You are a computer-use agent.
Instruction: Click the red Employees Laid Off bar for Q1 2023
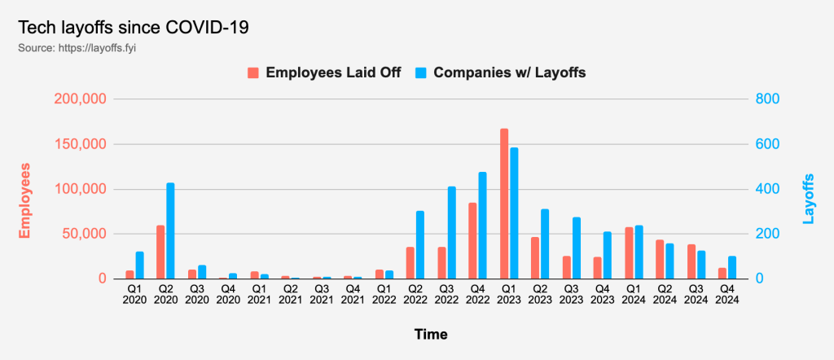tap(504, 204)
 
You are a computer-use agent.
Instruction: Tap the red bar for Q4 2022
tap(472, 240)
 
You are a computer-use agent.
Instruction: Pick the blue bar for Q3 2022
tap(451, 232)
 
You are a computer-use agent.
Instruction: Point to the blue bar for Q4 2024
tap(732, 267)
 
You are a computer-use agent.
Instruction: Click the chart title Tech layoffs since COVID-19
tap(133, 27)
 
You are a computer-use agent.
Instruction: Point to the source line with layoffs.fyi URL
tap(81, 47)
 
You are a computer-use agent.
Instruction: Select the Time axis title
tap(430, 334)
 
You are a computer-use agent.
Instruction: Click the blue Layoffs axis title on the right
tap(808, 198)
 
